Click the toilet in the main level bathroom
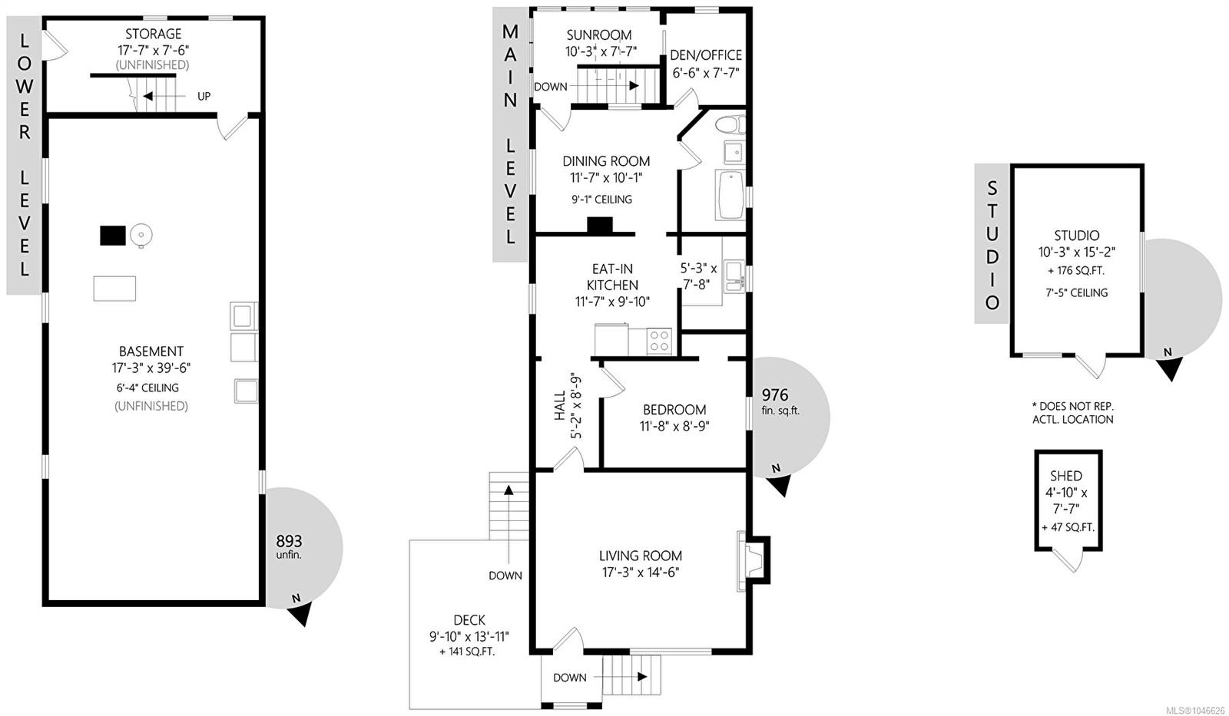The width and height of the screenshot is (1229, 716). coord(730,124)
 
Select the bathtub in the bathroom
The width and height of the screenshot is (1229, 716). coord(730,195)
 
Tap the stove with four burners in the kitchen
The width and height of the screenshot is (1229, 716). coord(659,340)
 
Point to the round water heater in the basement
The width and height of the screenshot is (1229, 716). coord(141,236)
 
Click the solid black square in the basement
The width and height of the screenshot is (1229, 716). coord(112,235)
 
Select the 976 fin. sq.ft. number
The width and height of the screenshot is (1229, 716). coord(775,394)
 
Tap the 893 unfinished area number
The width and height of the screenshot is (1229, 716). coord(289,541)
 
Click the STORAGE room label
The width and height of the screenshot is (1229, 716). coord(153,34)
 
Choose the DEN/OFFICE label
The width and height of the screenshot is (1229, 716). coord(706,55)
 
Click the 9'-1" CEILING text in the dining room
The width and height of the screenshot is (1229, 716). coord(602,200)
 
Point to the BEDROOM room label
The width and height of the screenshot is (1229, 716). coord(674,410)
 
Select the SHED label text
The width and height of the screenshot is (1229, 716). coord(1066,476)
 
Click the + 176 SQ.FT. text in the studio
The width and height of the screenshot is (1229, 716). coord(1076,271)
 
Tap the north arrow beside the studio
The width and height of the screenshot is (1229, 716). coord(1171,367)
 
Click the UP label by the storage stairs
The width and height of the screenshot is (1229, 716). coord(204,97)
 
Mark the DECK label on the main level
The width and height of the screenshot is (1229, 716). coord(469,620)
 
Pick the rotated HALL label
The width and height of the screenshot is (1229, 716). coord(559,406)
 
